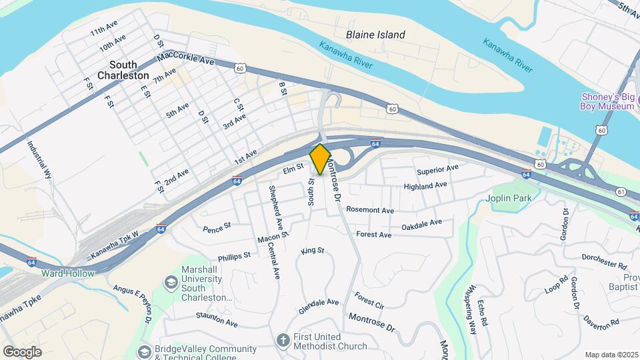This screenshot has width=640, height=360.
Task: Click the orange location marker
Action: (320, 159)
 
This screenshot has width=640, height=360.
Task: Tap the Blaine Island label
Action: (375, 35)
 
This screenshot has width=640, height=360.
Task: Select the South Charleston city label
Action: (123, 70)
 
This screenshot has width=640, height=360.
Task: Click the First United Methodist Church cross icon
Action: (282, 339)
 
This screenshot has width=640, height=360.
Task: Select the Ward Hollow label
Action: (68, 273)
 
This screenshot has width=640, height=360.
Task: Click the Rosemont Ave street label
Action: (370, 210)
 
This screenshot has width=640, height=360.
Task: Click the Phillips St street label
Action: (234, 256)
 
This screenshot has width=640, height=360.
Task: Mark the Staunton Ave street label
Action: (213, 323)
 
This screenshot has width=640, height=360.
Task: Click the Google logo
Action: (22, 351)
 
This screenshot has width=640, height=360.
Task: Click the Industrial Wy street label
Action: (39, 158)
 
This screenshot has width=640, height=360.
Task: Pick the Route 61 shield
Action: (621, 191)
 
